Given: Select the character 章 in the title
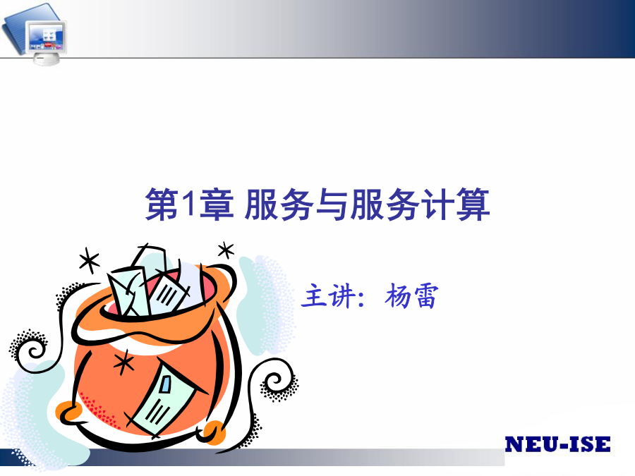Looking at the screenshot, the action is coord(217,205).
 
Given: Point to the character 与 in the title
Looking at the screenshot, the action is coord(332,205).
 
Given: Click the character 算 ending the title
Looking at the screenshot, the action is coord(473,205).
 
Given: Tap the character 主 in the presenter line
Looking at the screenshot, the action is coord(314,295).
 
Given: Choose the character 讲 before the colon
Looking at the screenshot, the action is coord(342,295).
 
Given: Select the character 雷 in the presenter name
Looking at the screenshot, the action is coord(425,296).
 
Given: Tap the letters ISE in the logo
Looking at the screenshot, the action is coord(590,444).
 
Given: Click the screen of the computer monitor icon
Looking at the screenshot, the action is coord(47,37).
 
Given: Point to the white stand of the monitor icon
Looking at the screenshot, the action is coord(46,59).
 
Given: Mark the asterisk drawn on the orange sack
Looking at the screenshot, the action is coord(124,362).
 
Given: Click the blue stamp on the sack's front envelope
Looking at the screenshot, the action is coord(166,384).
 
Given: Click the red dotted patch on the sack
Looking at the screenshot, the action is coord(97,409).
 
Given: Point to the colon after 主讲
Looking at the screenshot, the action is coord(362,298).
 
